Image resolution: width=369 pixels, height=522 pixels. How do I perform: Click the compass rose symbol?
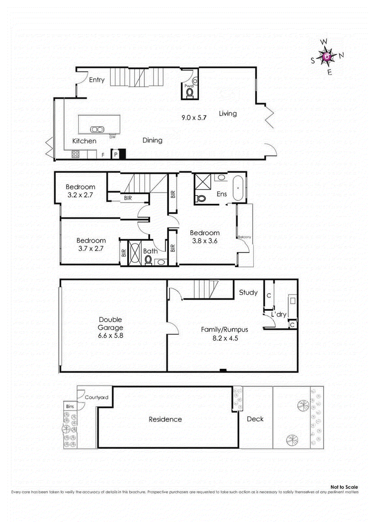click(327, 56)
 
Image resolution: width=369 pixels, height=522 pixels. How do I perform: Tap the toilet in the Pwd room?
click(190, 93)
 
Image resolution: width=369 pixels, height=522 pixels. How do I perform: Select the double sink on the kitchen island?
click(96, 129)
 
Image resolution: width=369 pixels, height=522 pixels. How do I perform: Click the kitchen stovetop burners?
click(76, 154)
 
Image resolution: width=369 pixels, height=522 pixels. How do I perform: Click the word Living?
click(228, 113)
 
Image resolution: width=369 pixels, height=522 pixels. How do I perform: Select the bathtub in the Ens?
click(238, 189)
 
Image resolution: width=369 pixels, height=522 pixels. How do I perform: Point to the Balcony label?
click(244, 237)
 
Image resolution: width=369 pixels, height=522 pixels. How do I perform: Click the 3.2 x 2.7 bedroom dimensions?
click(80, 195)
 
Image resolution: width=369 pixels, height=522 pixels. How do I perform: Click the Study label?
click(248, 292)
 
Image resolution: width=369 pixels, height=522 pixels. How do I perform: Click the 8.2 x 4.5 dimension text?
click(225, 338)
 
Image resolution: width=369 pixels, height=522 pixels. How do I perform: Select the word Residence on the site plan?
click(165, 419)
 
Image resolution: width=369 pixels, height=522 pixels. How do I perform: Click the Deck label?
click(255, 419)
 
